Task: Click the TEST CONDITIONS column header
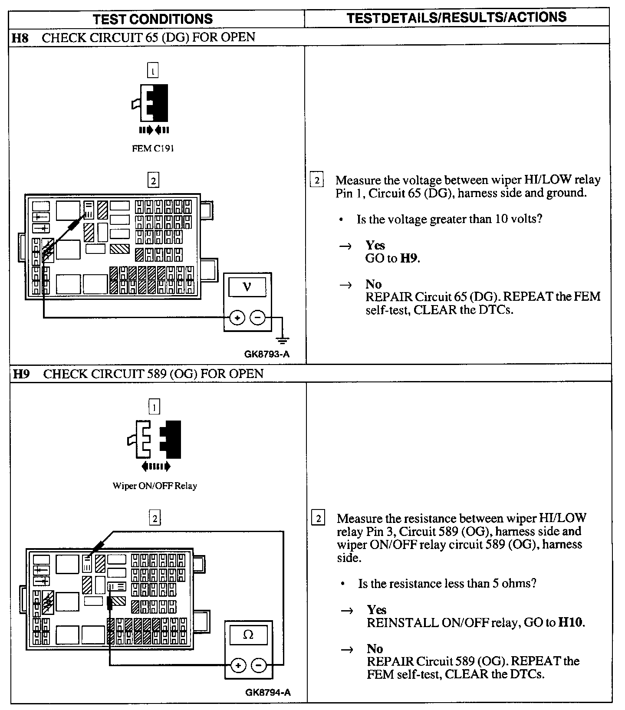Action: [x=153, y=19]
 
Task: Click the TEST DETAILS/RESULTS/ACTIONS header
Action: [x=457, y=17]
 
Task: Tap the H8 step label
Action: [x=20, y=37]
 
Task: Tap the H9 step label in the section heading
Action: [x=21, y=374]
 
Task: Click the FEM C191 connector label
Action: [x=153, y=148]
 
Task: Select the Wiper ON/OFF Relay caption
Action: [x=155, y=486]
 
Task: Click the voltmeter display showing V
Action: [x=247, y=287]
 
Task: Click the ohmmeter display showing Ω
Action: [x=248, y=634]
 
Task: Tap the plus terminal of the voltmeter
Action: [x=237, y=318]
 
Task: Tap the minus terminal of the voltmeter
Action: [x=257, y=318]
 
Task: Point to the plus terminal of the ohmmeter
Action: [x=238, y=665]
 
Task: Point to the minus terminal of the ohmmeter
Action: [x=259, y=665]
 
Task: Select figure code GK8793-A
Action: [x=266, y=354]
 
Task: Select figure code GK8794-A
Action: [x=268, y=692]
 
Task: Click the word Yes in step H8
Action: [x=375, y=245]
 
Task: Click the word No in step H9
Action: [x=375, y=648]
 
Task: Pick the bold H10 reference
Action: [x=571, y=622]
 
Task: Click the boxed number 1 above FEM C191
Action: [x=153, y=70]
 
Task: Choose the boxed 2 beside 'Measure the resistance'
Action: [x=318, y=519]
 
